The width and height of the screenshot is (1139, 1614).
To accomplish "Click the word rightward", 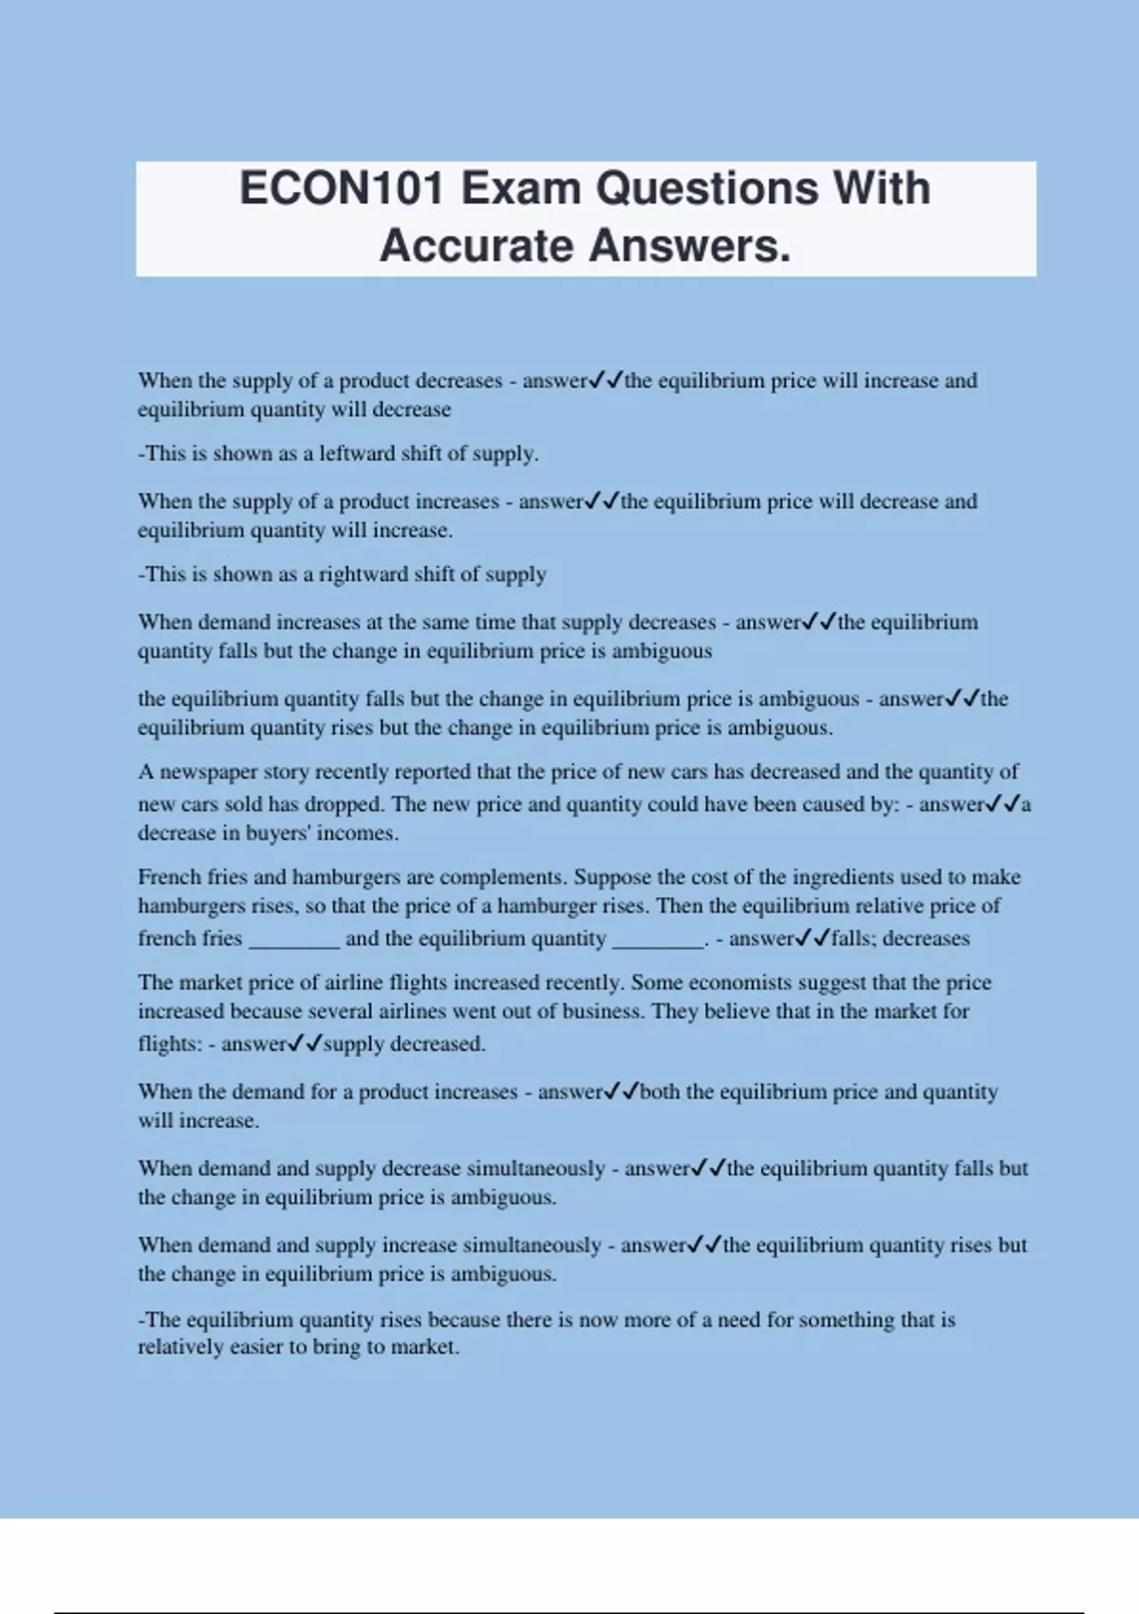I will pyautogui.click(x=361, y=574).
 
